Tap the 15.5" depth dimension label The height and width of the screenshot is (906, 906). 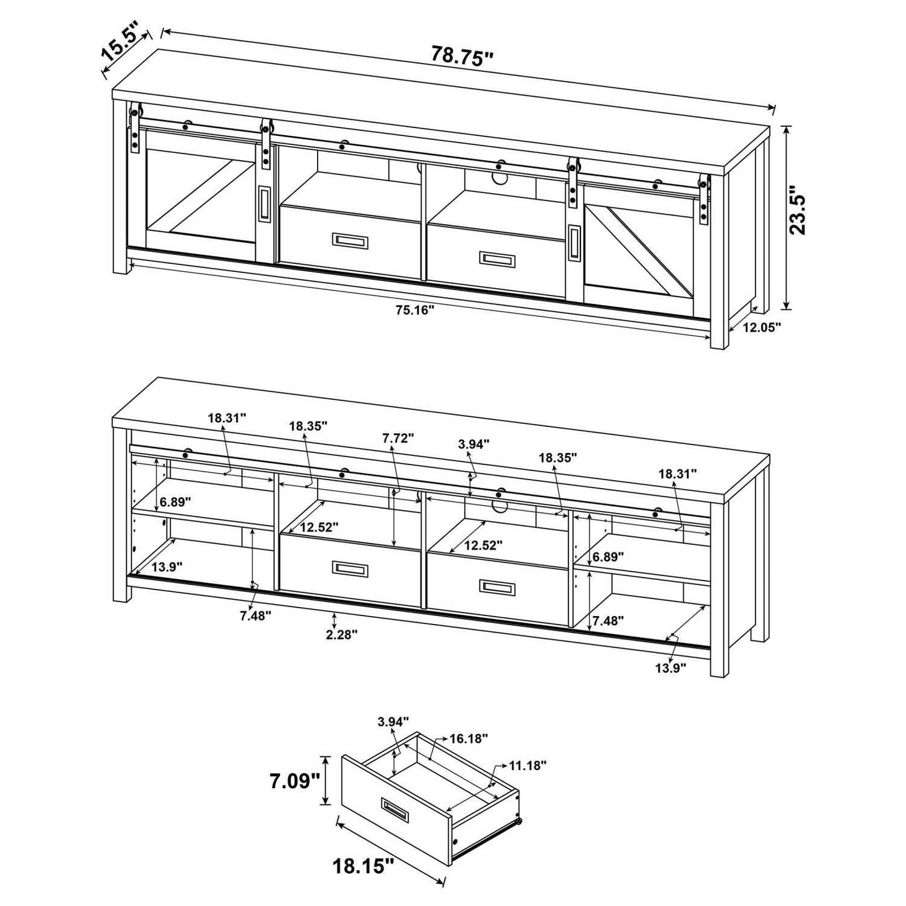click(x=120, y=41)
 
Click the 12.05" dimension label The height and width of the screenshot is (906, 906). click(x=762, y=327)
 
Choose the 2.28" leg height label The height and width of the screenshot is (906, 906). click(x=342, y=635)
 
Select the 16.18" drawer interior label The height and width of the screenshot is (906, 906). click(x=469, y=738)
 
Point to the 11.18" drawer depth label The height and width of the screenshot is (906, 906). click(x=527, y=765)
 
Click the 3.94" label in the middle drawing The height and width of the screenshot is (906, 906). click(x=474, y=444)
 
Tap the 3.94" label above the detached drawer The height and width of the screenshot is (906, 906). click(x=393, y=721)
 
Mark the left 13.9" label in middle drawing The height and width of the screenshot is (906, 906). click(x=167, y=567)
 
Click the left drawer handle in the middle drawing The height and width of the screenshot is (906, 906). click(x=350, y=568)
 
